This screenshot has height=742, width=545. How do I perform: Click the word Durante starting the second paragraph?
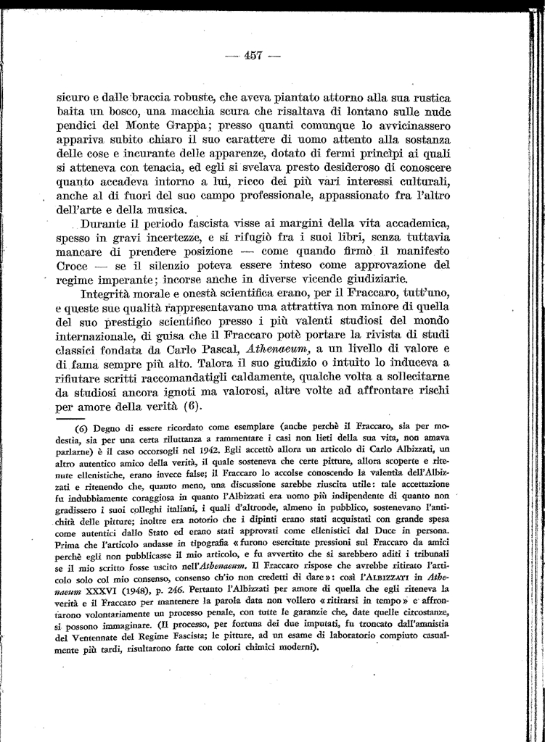(107, 224)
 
